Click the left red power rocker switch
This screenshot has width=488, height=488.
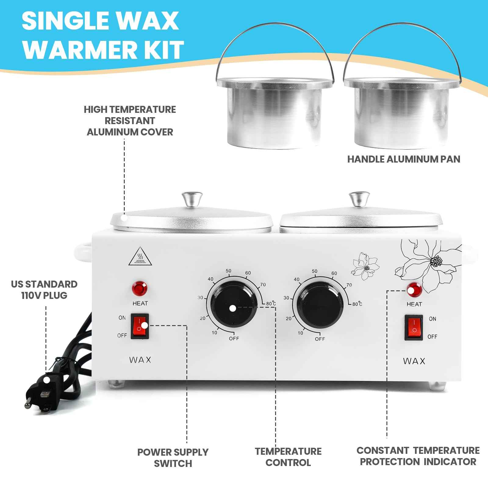[x=140, y=326]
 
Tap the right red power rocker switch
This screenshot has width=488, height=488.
[x=414, y=328]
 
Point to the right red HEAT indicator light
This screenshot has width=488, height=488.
[x=414, y=290]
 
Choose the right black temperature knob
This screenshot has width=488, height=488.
[x=320, y=306]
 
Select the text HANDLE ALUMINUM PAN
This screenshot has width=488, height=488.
[x=404, y=159]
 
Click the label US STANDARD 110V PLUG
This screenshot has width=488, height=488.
[x=44, y=290]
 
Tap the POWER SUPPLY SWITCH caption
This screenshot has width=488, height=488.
[x=173, y=457]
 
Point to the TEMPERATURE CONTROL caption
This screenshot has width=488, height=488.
[x=288, y=457]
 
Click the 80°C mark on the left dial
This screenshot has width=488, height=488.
[x=271, y=303]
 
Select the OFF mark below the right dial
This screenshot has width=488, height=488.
[x=320, y=339]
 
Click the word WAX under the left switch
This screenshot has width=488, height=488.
[x=140, y=360]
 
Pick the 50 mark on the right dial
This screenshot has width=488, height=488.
[x=314, y=271]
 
